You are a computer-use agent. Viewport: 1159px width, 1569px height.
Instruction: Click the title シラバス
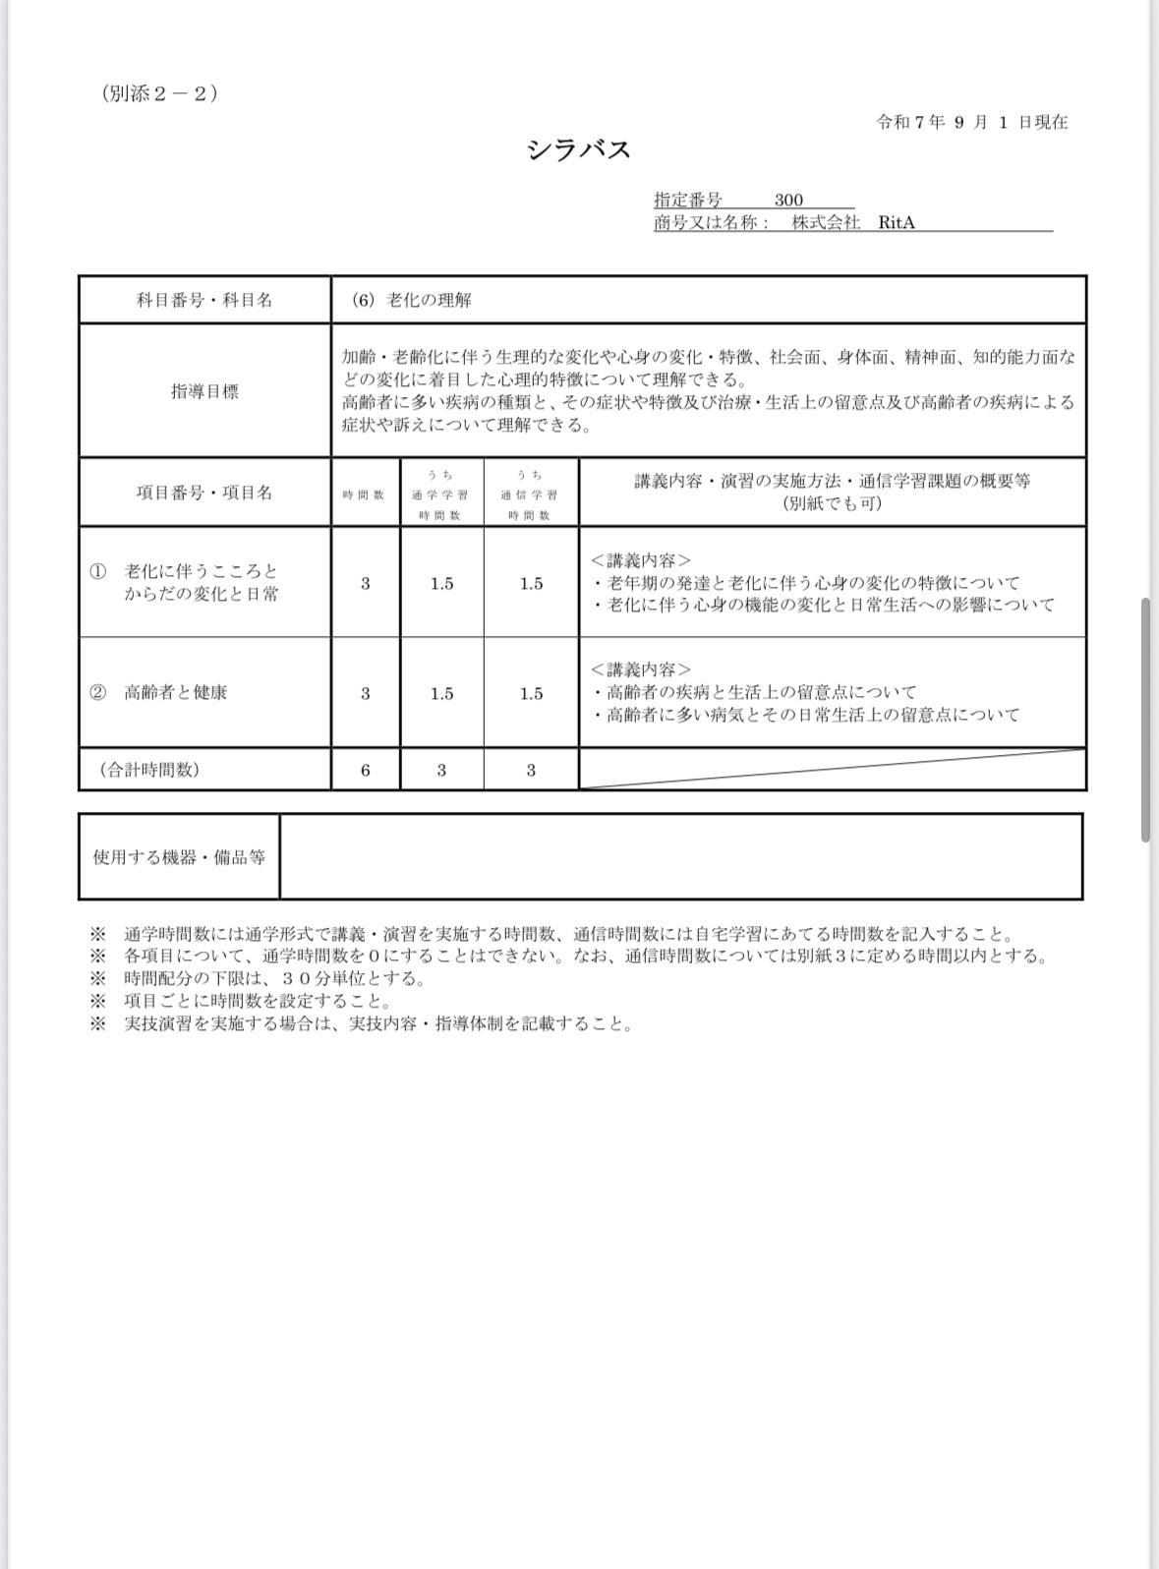click(x=578, y=149)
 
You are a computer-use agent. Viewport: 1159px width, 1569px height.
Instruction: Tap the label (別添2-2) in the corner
click(x=159, y=93)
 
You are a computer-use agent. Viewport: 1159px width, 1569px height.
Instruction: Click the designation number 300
click(x=788, y=200)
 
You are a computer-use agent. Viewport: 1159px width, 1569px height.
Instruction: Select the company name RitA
click(x=897, y=222)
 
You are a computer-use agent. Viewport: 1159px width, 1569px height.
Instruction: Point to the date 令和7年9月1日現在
click(x=971, y=122)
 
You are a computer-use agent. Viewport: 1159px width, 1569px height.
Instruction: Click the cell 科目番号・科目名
click(x=204, y=300)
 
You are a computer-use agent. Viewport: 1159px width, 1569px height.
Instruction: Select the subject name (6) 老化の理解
click(x=412, y=300)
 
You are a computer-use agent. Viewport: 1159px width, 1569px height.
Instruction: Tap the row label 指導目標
click(x=204, y=391)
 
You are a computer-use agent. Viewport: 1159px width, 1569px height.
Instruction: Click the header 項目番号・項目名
click(x=204, y=493)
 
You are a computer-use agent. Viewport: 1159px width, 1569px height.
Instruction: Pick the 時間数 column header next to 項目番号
click(x=365, y=494)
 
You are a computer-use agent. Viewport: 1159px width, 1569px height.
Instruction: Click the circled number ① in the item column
click(x=97, y=571)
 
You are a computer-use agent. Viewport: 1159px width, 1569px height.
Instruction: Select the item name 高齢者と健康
click(x=176, y=692)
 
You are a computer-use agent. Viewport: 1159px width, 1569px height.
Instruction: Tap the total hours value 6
click(x=366, y=770)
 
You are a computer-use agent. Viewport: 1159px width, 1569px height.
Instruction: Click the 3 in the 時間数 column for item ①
click(x=366, y=583)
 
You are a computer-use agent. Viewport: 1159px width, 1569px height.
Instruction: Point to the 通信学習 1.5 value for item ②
click(x=531, y=693)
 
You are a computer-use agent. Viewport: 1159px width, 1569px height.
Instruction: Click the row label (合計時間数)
click(x=149, y=770)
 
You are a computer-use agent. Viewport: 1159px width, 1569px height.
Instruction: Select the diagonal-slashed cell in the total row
click(x=832, y=769)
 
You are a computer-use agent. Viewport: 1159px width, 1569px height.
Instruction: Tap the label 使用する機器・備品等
click(x=179, y=856)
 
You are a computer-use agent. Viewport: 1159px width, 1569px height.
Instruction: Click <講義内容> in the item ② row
click(x=641, y=669)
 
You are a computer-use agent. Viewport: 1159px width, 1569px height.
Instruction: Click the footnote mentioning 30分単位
click(x=275, y=978)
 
